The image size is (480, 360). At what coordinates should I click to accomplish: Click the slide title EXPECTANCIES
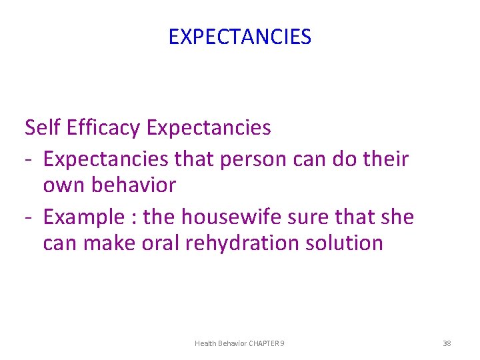239,37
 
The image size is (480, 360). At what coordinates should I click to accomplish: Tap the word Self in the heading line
41,127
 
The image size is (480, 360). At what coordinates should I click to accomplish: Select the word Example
83,217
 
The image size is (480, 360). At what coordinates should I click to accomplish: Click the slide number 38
447,343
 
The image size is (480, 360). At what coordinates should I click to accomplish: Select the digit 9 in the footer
283,343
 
